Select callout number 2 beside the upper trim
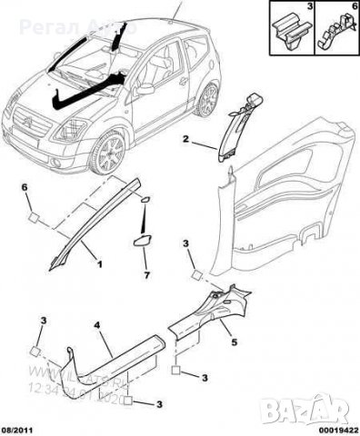185,141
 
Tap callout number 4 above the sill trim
95,322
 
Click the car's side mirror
145,90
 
